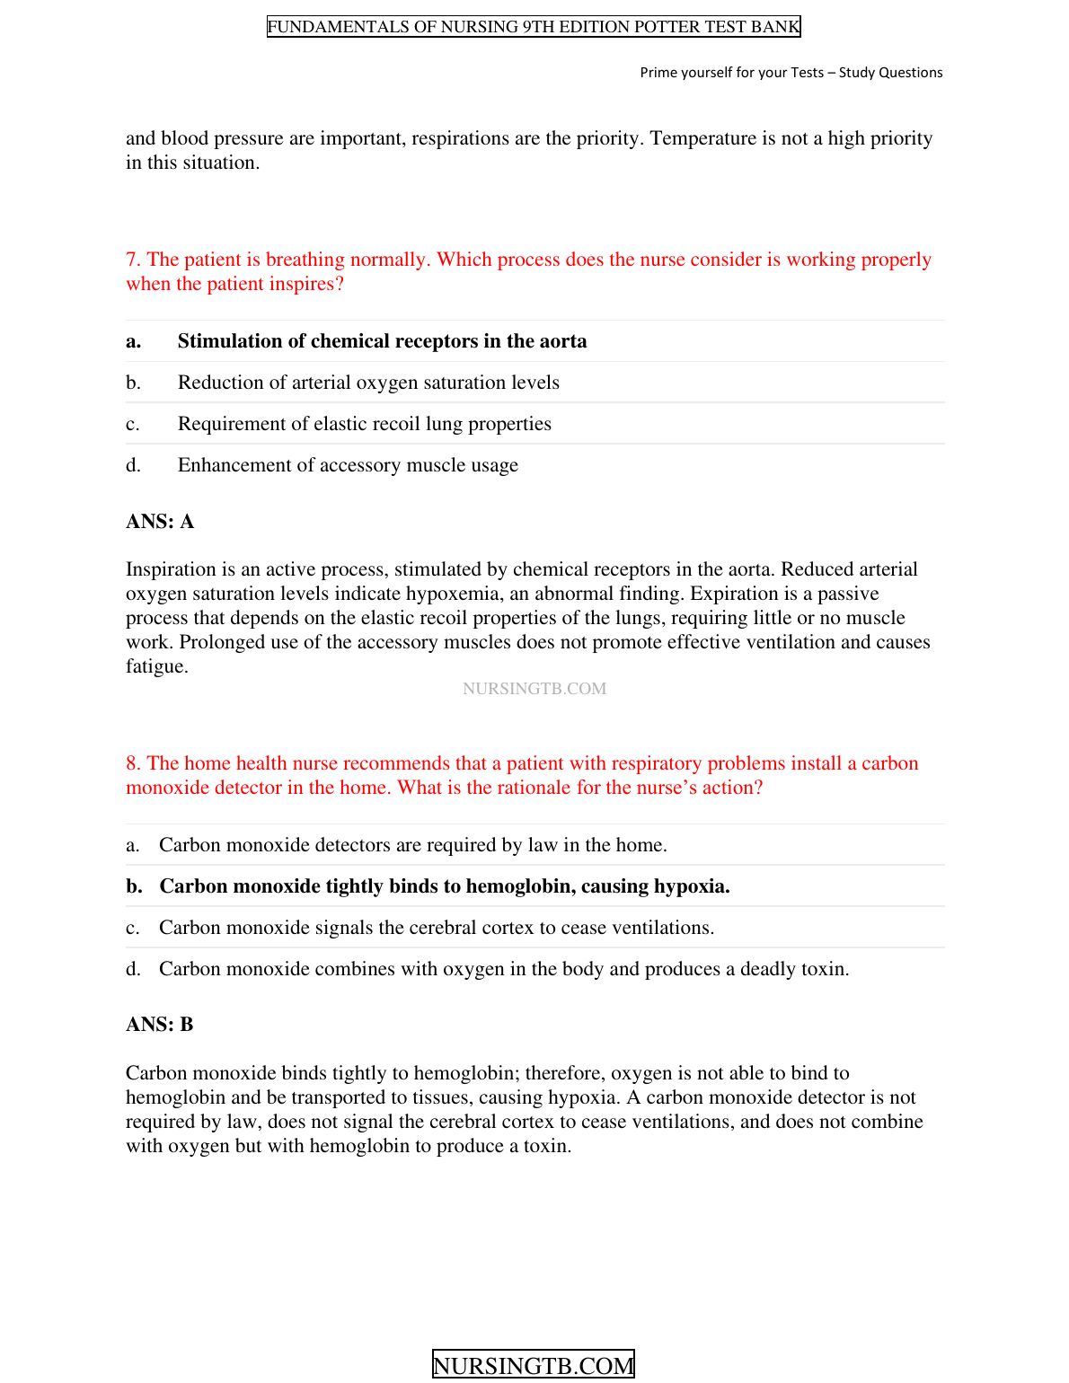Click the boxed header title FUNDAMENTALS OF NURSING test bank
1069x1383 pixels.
[x=534, y=27]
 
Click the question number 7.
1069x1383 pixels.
[x=133, y=260]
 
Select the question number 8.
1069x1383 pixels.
[x=133, y=763]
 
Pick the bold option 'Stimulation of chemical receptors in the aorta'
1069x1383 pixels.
[x=382, y=341]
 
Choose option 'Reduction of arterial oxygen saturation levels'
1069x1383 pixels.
[x=368, y=383]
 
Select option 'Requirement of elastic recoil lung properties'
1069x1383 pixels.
[x=364, y=424]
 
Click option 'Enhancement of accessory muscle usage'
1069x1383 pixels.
[x=348, y=465]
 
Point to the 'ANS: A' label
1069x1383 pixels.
[x=160, y=522]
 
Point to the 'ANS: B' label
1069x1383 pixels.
[x=160, y=1025]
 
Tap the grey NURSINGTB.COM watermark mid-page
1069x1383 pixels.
[x=534, y=689]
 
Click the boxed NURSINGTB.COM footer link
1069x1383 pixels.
[x=534, y=1365]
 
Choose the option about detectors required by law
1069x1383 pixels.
[x=412, y=845]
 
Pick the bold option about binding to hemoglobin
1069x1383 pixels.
[x=444, y=886]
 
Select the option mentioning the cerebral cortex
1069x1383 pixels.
[x=437, y=928]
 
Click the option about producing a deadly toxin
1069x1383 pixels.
[x=504, y=969]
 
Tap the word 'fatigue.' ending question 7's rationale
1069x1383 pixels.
[x=157, y=666]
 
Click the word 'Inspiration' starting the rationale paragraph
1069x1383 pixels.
[x=173, y=569]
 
